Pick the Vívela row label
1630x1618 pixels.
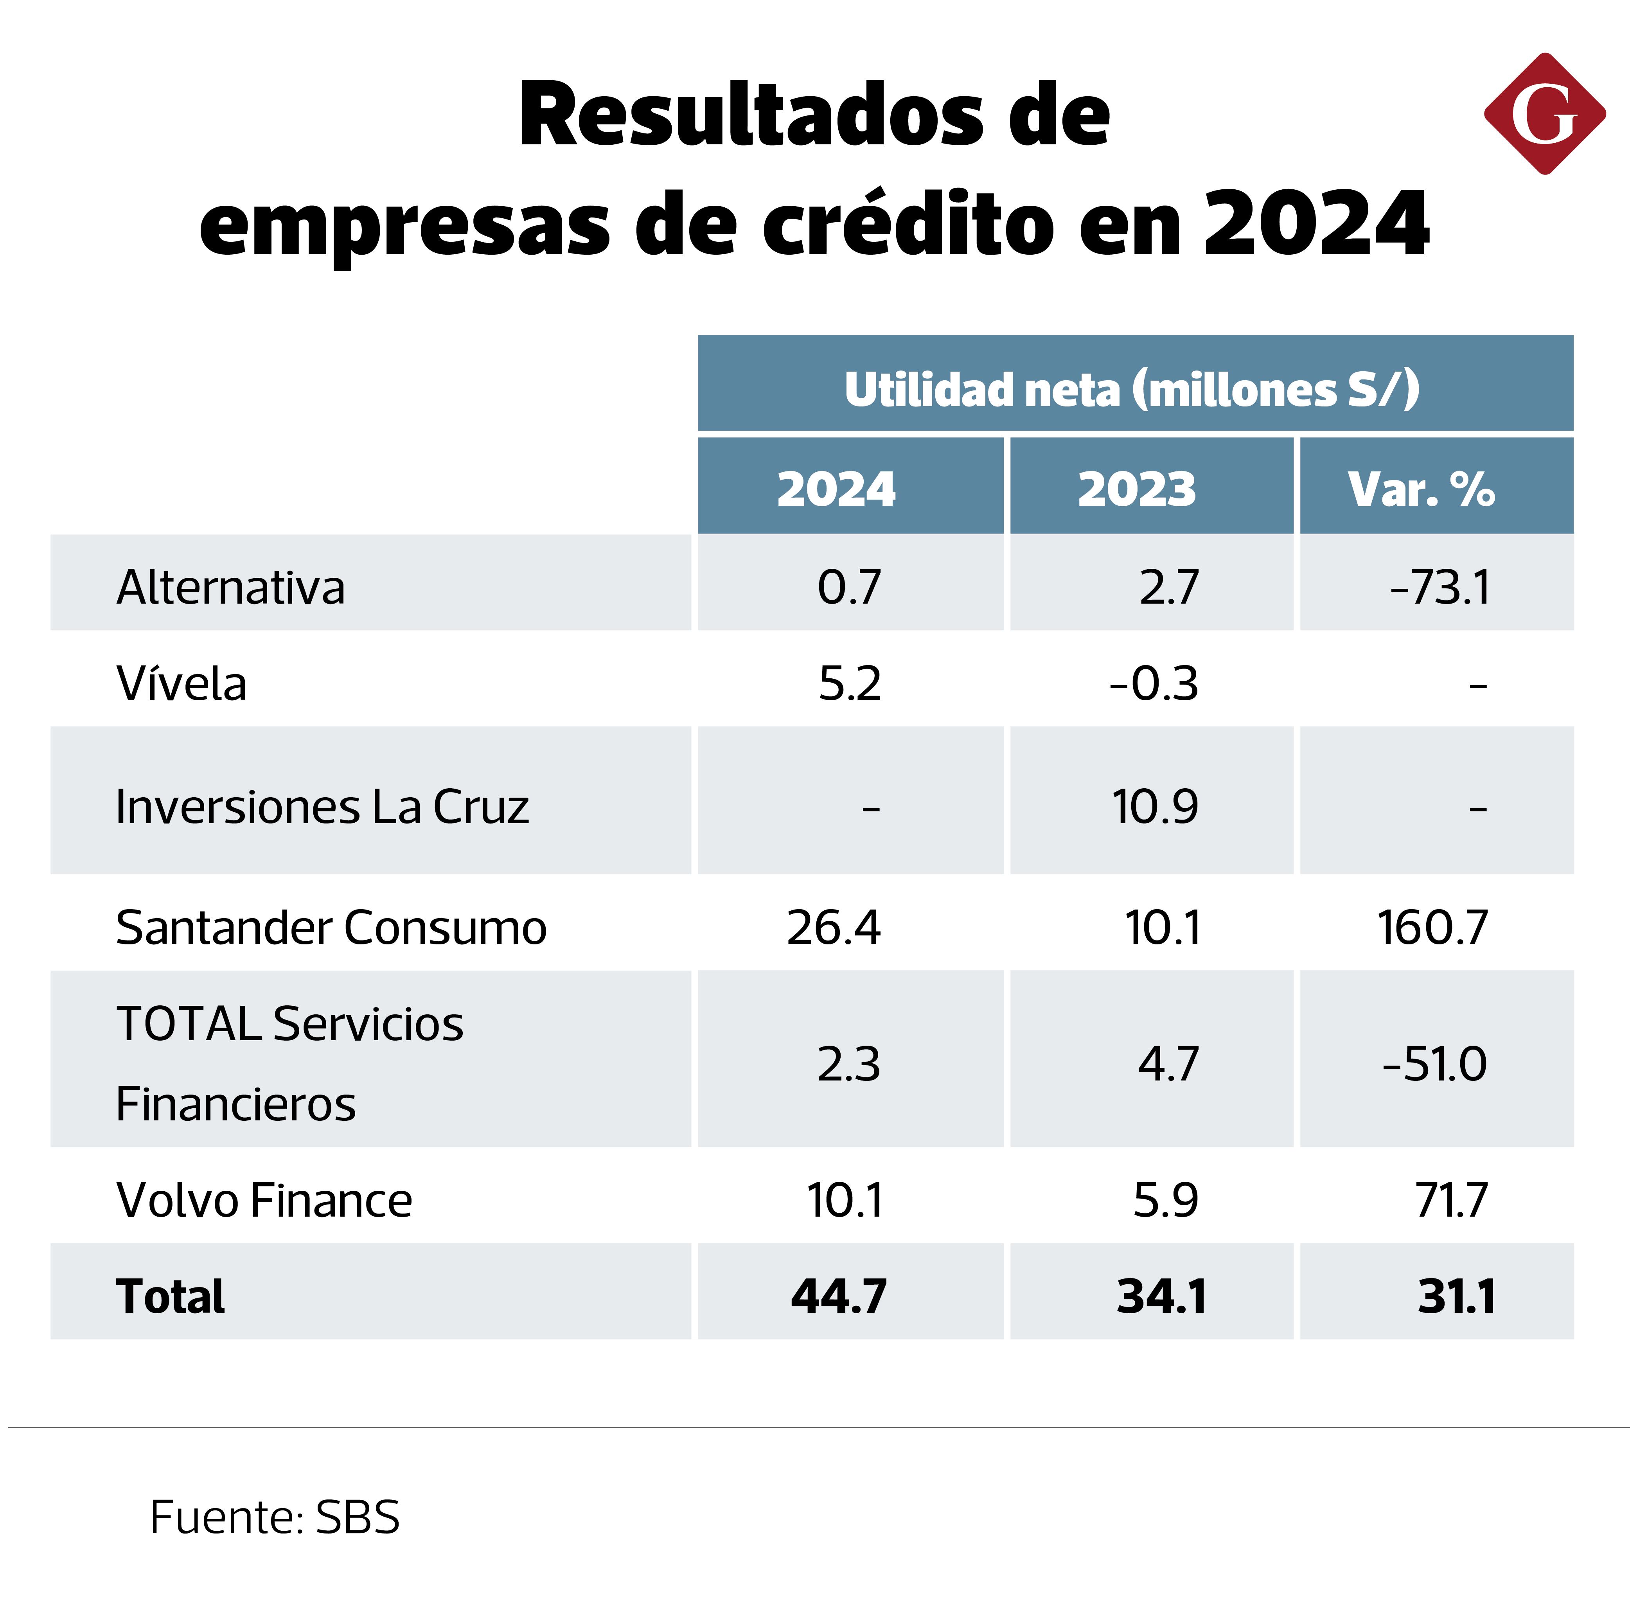(182, 683)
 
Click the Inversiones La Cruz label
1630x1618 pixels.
(322, 807)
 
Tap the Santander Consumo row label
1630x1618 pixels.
(331, 928)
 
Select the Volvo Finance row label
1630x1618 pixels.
(264, 1201)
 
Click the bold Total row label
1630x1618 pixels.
(171, 1296)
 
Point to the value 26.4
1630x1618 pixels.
(834, 928)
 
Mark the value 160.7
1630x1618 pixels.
(1432, 928)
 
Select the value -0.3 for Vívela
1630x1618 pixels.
(1153, 683)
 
